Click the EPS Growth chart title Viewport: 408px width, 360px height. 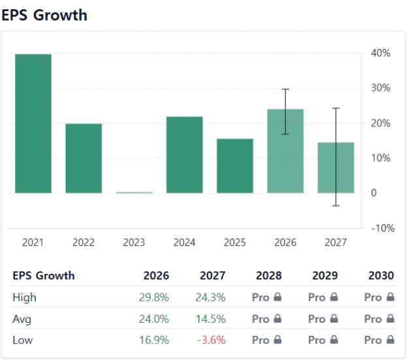point(44,15)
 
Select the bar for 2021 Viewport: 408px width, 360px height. point(33,124)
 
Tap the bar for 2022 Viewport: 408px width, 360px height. point(84,158)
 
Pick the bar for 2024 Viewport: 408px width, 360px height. point(185,155)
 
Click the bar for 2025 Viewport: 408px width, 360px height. point(235,166)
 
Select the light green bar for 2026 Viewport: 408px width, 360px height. point(285,151)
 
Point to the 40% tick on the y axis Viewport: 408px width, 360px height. point(381,53)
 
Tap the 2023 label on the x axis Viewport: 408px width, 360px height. point(134,243)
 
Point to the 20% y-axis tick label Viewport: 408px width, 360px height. point(381,123)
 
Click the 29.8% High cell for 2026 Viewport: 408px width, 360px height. point(154,297)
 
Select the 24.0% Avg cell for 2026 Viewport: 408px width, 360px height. point(154,319)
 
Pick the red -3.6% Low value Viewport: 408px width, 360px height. point(211,340)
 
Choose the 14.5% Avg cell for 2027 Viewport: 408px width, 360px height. point(211,319)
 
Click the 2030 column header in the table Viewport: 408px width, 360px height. point(381,275)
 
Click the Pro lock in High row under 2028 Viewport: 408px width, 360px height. point(266,297)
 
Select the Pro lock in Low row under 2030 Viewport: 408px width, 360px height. point(379,340)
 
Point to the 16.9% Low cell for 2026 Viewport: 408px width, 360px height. point(154,340)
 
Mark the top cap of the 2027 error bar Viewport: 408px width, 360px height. point(336,108)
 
